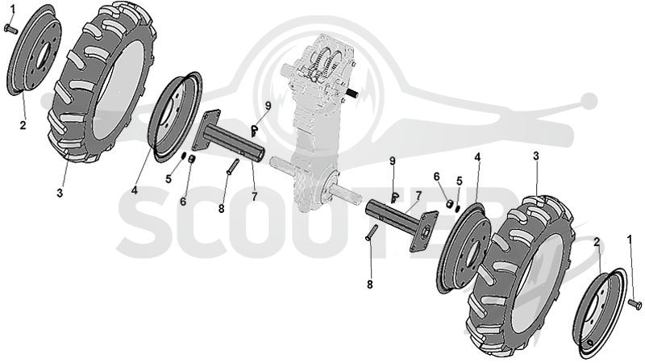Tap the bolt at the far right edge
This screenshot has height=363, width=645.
pyautogui.click(x=635, y=305)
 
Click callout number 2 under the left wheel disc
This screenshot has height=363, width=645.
pyautogui.click(x=23, y=124)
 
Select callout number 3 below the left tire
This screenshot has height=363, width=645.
pyautogui.click(x=60, y=193)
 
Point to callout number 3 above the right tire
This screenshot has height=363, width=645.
pyautogui.click(x=536, y=156)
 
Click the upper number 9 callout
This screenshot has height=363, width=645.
pyautogui.click(x=268, y=106)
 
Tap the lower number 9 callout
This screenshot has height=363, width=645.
pyautogui.click(x=392, y=161)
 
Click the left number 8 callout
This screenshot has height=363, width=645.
pyautogui.click(x=221, y=209)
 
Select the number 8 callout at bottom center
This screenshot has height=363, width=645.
pyautogui.click(x=370, y=284)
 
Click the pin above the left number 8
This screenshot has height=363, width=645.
pyautogui.click(x=233, y=167)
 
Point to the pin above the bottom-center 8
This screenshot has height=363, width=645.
pyautogui.click(x=372, y=232)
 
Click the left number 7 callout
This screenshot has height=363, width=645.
pyautogui.click(x=255, y=197)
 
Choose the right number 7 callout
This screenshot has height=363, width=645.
pyautogui.click(x=418, y=195)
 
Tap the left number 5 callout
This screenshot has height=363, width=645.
pyautogui.click(x=169, y=179)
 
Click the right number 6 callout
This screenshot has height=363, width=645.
pyautogui.click(x=436, y=177)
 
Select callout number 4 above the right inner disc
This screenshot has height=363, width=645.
pyautogui.click(x=477, y=157)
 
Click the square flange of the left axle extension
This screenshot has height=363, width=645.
pyautogui.click(x=206, y=131)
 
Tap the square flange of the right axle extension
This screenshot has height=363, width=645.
pyautogui.click(x=422, y=232)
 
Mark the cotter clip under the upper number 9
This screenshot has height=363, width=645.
pyautogui.click(x=255, y=131)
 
